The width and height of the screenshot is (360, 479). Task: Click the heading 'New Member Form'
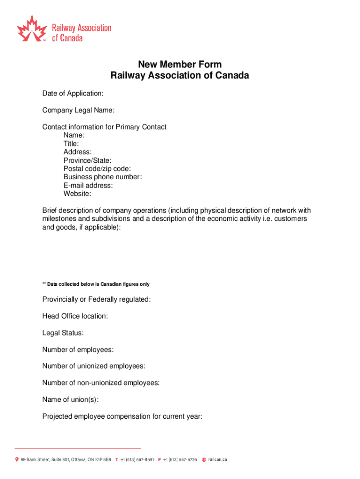coord(180,65)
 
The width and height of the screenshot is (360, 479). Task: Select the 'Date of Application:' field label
coord(73,94)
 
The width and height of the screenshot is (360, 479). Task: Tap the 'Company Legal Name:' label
coord(79,110)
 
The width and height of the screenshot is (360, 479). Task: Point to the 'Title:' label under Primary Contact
coord(71,144)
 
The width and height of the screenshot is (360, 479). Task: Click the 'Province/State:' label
coord(87,160)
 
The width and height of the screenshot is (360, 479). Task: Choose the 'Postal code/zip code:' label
coord(97,168)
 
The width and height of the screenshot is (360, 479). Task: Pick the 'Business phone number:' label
coord(102,177)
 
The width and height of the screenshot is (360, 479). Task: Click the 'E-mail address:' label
coord(88,185)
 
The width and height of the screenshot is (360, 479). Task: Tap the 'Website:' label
coord(78,194)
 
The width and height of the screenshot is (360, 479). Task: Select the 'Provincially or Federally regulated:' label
coord(97,299)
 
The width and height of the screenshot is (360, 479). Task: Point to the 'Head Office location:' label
coord(75,316)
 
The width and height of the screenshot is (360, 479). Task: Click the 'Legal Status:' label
coord(63,333)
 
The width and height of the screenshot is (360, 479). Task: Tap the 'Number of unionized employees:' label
coord(94,366)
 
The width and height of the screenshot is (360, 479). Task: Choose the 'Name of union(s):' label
coord(71,399)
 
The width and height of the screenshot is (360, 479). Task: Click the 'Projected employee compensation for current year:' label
coord(122,416)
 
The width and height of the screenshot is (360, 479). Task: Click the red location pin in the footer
coord(17,460)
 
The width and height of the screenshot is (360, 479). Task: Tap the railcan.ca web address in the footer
coord(218,460)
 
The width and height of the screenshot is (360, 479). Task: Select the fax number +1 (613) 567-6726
coord(180,460)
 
